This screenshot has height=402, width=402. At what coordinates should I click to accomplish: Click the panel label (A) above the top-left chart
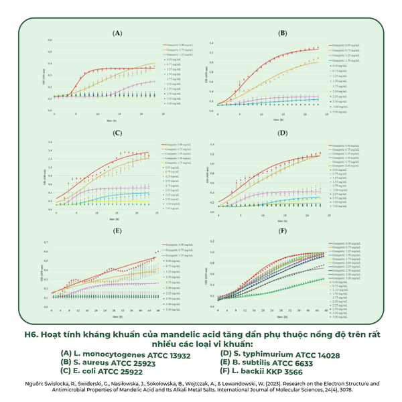click(x=117, y=33)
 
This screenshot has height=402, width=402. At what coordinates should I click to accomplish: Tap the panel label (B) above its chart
click(x=282, y=33)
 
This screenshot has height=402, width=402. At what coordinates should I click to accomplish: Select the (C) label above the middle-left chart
click(x=117, y=132)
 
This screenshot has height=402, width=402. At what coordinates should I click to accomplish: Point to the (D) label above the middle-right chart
click(x=282, y=132)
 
